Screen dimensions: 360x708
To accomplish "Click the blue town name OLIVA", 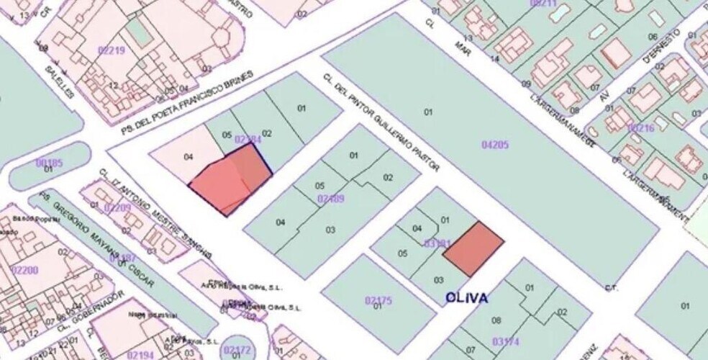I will click(x=466, y=298).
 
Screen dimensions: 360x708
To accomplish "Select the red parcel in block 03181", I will click(x=473, y=248).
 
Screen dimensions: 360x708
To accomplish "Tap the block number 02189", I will click(x=330, y=198).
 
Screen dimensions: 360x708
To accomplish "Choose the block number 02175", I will click(x=378, y=300).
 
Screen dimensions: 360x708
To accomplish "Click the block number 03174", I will click(x=506, y=341).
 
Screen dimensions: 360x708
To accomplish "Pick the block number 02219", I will click(x=111, y=50).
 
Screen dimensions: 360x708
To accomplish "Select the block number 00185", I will click(x=49, y=163).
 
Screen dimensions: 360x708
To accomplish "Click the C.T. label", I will click(x=612, y=288).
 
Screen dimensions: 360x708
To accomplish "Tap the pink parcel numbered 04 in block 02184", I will click(x=189, y=156).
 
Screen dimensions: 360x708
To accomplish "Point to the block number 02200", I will click(x=25, y=270).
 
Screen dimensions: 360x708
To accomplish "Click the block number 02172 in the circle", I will click(x=237, y=350).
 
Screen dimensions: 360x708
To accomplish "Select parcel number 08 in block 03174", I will click(x=496, y=320).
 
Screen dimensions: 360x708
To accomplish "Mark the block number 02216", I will click(x=641, y=128).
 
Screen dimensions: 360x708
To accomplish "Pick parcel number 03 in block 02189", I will click(x=330, y=230).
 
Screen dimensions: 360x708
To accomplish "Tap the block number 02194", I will click(x=140, y=354).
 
